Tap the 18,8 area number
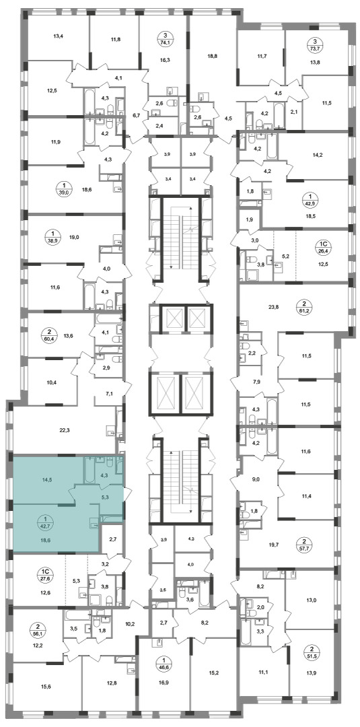click(212, 54)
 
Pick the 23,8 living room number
click(275, 306)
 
